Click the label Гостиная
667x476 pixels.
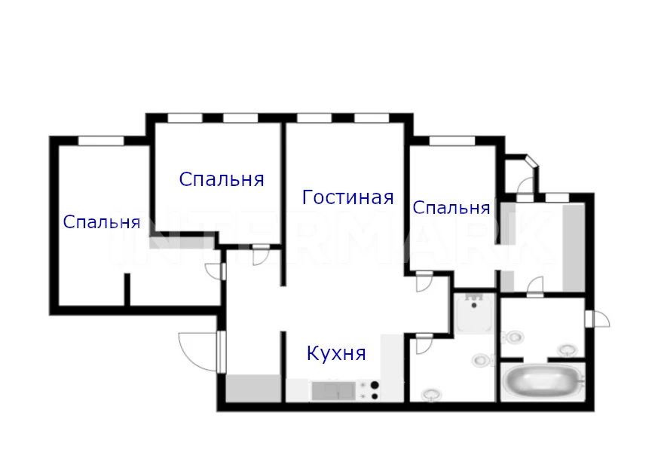pos(347,197)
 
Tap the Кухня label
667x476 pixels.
pos(336,353)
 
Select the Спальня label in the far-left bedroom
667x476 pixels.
pos(102,222)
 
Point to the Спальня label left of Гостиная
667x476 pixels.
pos(222,179)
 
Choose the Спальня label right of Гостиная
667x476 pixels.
pos(451,208)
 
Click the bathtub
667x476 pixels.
pos(543,382)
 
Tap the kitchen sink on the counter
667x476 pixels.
pos(333,391)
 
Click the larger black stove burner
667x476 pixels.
pos(375,385)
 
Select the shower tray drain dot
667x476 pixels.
pos(474,305)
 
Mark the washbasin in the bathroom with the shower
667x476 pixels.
pos(432,395)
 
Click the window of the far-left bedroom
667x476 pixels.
pos(101,141)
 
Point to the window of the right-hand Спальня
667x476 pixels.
pos(452,141)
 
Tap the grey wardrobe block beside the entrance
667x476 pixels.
pos(253,388)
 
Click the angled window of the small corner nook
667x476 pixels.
pos(532,161)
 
